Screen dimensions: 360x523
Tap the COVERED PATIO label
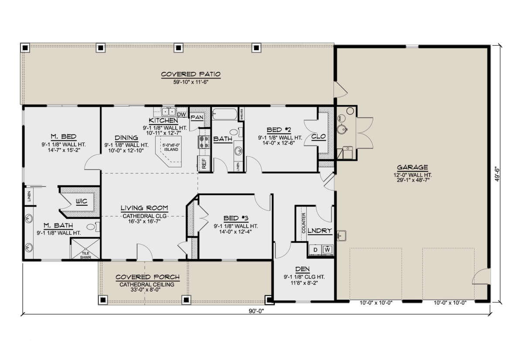point(191,75)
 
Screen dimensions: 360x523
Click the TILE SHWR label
point(85,255)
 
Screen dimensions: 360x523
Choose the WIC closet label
point(81,201)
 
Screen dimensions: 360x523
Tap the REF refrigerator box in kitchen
point(203,163)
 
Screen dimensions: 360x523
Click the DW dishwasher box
point(182,115)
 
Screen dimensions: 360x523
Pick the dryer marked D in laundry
point(315,250)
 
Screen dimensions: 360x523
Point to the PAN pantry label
point(197,117)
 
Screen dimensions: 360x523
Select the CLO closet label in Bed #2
point(319,136)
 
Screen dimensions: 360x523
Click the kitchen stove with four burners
point(203,141)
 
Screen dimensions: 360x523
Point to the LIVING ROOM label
point(144,208)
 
